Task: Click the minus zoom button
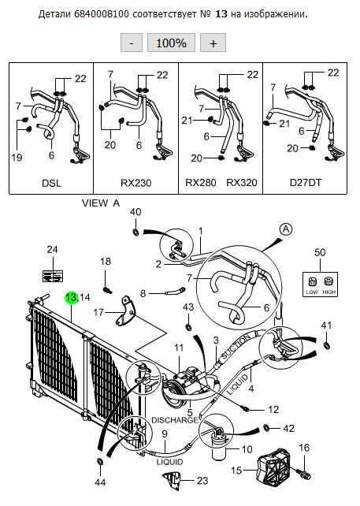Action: (132, 43)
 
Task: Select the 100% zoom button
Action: (171, 43)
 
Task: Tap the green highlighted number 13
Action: (71, 298)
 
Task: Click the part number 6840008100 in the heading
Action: (102, 14)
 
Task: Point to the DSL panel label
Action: (52, 183)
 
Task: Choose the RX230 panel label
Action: (135, 183)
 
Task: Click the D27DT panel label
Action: (306, 183)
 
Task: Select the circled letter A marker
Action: (286, 229)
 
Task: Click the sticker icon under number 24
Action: (53, 276)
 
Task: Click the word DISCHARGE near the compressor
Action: (175, 420)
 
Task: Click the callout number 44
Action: (100, 482)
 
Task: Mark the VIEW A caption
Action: (101, 203)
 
